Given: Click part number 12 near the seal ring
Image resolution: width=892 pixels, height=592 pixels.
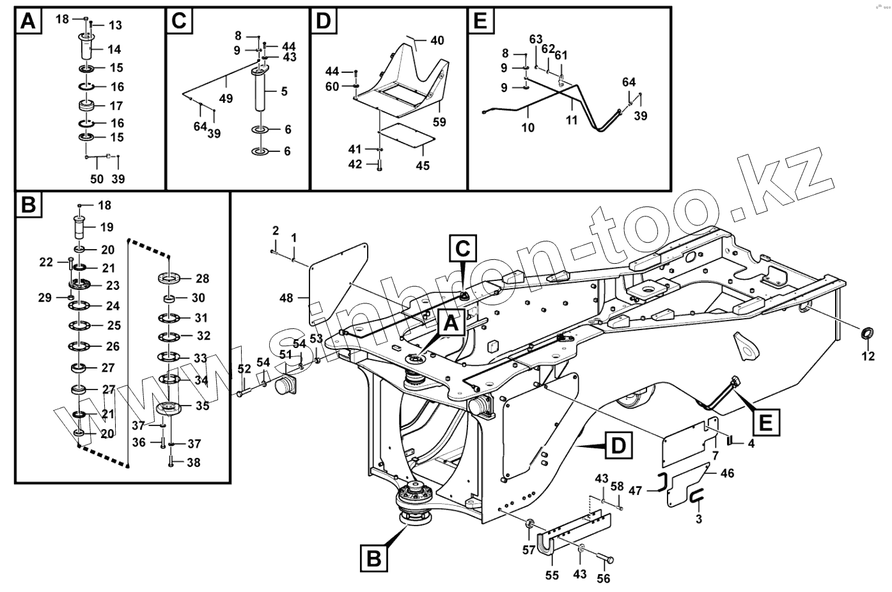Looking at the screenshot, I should coord(867,356).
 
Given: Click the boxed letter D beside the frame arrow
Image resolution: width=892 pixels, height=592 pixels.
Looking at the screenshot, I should coord(616,445).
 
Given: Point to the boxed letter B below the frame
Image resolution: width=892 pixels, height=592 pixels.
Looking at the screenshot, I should coord(374,558).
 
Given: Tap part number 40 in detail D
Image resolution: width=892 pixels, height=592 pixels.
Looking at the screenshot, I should coord(437,41).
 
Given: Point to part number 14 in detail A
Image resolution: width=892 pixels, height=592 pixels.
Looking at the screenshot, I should coord(114,49).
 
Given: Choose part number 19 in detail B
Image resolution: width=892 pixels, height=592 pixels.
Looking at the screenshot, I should coord(106,227).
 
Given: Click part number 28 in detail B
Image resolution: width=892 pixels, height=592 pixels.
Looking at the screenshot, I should coord(202,278).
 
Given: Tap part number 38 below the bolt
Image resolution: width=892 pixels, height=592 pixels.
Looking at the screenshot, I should coord(192,462).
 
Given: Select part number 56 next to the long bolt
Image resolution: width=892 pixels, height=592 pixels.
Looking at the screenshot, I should coord(603,579).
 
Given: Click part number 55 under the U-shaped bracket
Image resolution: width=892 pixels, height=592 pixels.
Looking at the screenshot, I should coord(552,575).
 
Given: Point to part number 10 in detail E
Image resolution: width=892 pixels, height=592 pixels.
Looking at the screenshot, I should coord(527,127).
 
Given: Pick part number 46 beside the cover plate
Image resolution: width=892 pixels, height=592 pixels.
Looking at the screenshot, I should coord(726,473).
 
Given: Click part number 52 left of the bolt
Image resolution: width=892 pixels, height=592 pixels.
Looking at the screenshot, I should coord(244,368).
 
